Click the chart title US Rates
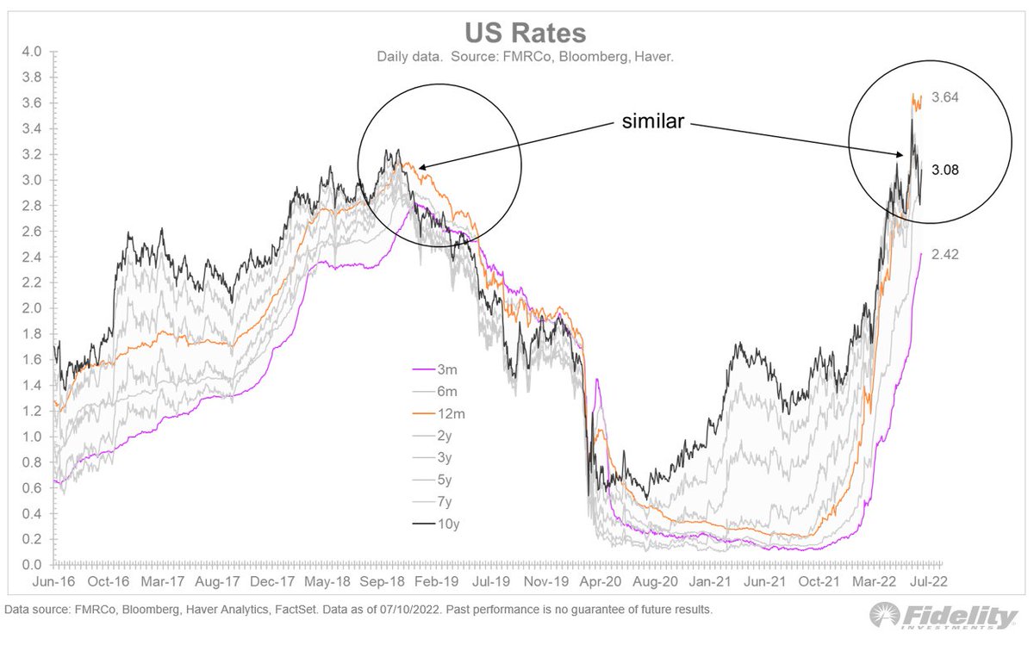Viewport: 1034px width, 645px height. tap(526, 33)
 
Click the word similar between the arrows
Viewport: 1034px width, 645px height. tap(654, 122)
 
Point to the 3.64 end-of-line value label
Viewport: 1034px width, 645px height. tap(946, 97)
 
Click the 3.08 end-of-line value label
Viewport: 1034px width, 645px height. tap(946, 171)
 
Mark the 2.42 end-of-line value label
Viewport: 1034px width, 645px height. tap(946, 254)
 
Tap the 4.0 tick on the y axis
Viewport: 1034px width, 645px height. tap(32, 52)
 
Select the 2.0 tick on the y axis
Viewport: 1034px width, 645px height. tap(32, 308)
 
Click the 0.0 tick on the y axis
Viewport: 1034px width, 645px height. tap(32, 565)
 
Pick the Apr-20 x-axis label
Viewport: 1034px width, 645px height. tap(601, 581)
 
